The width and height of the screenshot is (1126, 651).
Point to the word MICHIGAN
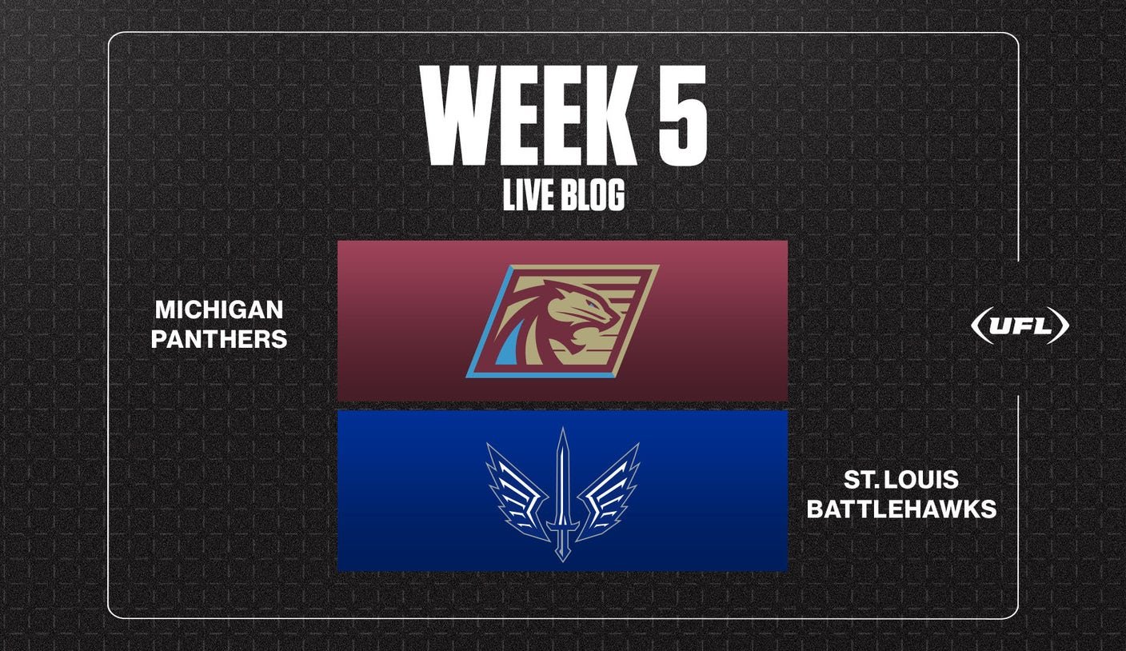point(219,310)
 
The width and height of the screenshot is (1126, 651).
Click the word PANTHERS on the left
point(219,339)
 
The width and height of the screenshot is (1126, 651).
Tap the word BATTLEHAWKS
point(901,509)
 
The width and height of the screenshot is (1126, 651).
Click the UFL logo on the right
point(1020,325)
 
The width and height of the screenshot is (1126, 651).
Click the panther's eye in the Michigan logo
point(595,304)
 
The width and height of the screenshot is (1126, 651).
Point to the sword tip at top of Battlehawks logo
point(562,429)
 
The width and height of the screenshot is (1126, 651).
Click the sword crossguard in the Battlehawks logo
point(562,525)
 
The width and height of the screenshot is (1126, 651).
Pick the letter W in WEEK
point(458,115)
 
